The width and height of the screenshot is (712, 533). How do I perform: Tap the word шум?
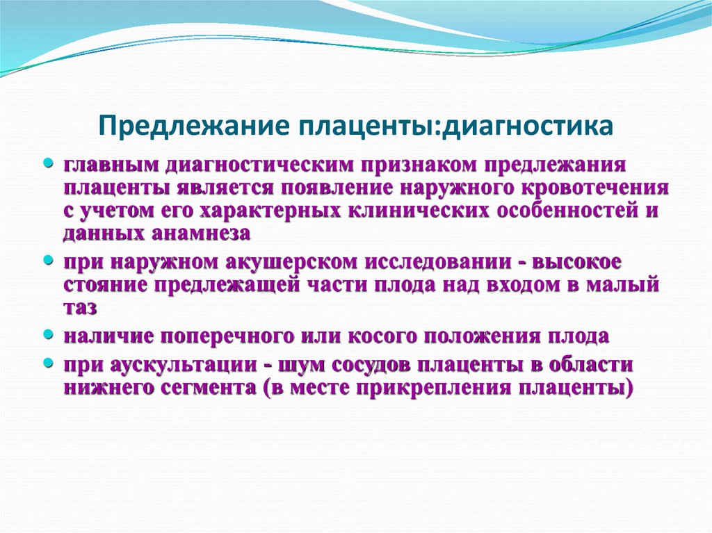click(x=297, y=366)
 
